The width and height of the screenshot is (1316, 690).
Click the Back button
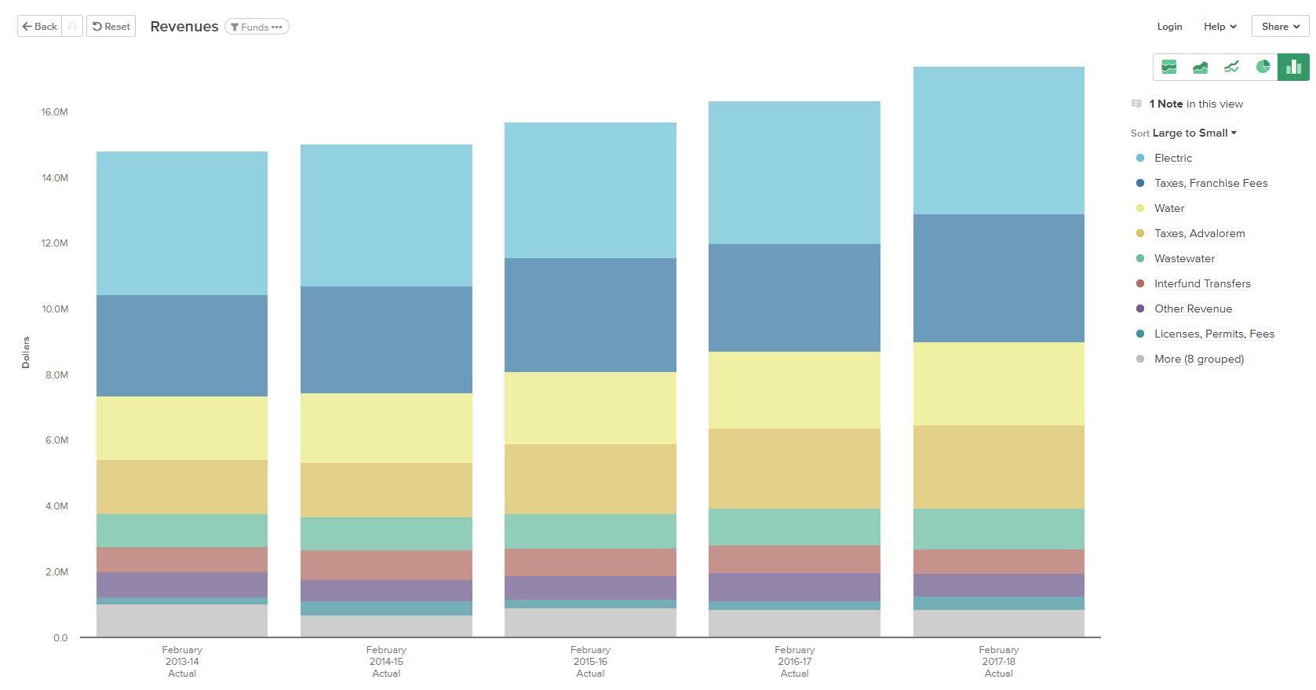[39, 26]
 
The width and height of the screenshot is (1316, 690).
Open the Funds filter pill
[257, 27]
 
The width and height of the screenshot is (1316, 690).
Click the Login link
[1169, 26]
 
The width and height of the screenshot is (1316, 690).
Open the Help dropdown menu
[1219, 26]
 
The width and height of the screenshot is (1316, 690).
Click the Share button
[1280, 26]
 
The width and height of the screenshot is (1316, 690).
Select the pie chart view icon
[1263, 67]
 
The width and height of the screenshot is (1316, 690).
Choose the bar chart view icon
[1293, 67]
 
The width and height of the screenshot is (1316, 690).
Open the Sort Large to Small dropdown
[1194, 133]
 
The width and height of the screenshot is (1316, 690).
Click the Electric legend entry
[1172, 158]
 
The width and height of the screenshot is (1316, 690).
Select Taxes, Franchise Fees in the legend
[1210, 183]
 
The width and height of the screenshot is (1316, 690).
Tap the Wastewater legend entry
[1184, 258]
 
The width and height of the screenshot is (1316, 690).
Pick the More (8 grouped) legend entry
[1198, 359]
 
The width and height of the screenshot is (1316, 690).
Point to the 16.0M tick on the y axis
[54, 112]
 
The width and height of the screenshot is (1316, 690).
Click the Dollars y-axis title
[25, 352]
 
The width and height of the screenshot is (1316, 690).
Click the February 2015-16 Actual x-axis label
[590, 661]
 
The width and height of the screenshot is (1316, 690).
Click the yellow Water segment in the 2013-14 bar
[182, 428]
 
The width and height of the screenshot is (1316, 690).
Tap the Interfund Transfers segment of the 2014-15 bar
[386, 565]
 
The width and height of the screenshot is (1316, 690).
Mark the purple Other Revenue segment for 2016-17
[794, 587]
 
